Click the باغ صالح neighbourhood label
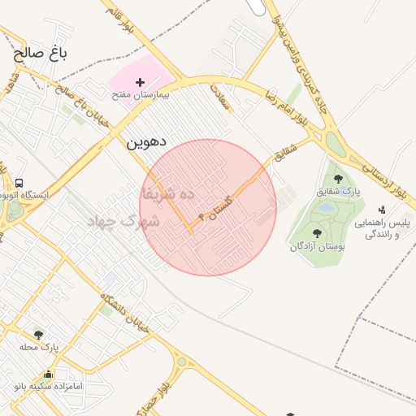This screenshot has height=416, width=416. click(x=39, y=54)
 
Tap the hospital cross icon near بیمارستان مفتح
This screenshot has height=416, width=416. click(x=140, y=82)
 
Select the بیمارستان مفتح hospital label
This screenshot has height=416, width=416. click(x=140, y=95)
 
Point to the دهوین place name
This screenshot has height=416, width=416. click(x=145, y=141)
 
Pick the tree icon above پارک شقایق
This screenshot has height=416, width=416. click(x=338, y=179)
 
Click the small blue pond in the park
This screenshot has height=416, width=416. click(x=326, y=208)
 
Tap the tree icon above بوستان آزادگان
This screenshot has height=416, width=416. click(x=317, y=233)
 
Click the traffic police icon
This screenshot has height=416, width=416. click(x=382, y=210)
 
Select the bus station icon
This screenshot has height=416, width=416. click(x=19, y=183)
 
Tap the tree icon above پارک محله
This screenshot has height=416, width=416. click(x=38, y=334)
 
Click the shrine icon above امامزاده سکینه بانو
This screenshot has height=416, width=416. click(x=49, y=375)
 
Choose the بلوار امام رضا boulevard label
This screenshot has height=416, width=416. click(x=284, y=106)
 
